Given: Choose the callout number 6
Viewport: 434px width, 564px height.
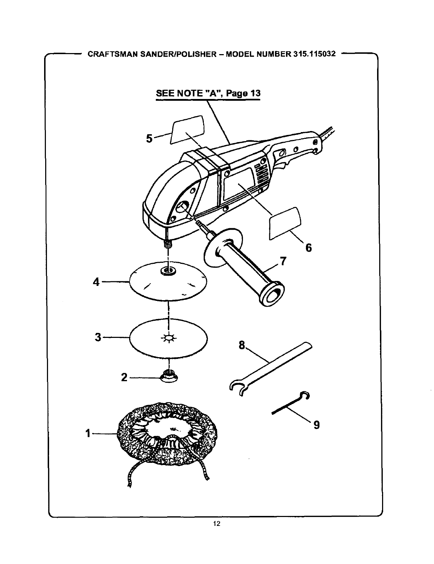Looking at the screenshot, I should coord(308,247).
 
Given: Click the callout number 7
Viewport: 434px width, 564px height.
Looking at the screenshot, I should coord(283,262).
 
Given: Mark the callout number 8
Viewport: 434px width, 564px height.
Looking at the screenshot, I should coord(242,345).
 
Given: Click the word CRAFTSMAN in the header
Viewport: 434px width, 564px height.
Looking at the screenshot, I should coord(108,55).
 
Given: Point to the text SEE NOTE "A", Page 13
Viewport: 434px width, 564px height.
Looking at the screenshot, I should coord(208,94).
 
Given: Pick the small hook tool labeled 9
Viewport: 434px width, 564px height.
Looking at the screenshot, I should coord(290,404).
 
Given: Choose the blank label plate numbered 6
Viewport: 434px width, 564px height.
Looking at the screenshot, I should coord(285,223).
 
